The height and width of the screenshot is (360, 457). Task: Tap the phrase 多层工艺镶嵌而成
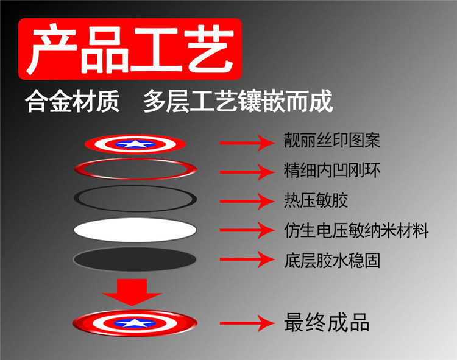pos(238,101)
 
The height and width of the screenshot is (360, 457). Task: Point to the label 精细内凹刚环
pos(332,170)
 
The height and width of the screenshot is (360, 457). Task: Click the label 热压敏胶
pos(316,200)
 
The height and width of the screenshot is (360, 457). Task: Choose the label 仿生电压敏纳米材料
pos(356,230)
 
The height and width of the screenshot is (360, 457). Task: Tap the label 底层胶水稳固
pos(332,261)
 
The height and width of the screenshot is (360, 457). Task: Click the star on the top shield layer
pos(135,144)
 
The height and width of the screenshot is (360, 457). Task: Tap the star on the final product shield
pos(135,323)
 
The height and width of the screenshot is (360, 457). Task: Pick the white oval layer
pos(135,230)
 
